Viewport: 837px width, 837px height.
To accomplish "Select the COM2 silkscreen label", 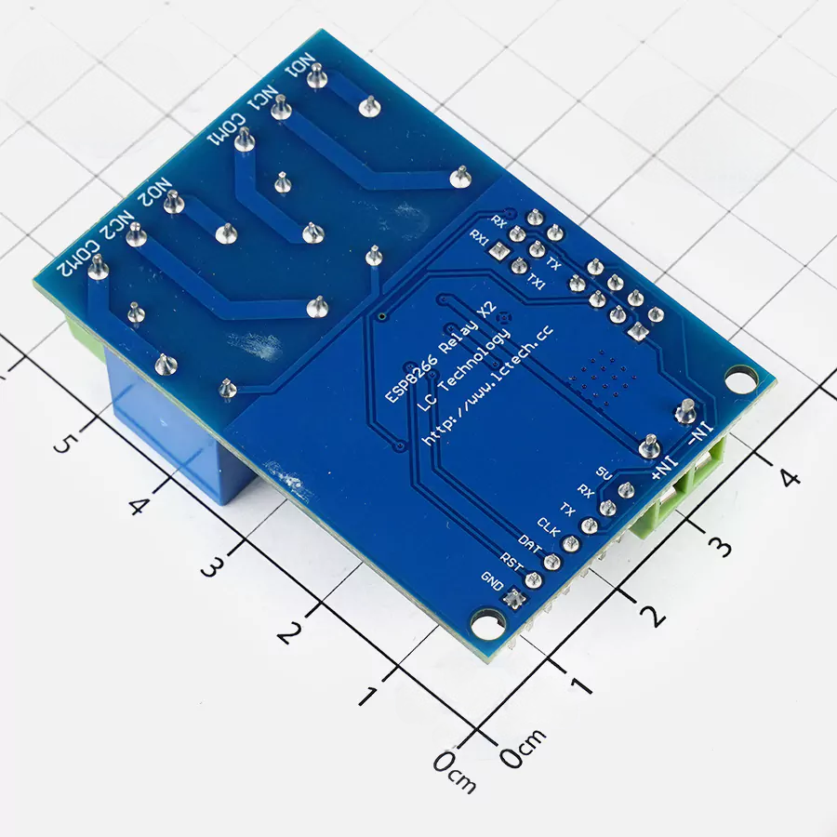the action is coord(78,259).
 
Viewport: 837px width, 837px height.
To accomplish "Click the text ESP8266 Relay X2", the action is coord(441,352).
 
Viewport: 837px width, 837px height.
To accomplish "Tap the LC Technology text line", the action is coord(463,370).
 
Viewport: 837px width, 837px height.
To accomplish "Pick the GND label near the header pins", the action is coord(492,580).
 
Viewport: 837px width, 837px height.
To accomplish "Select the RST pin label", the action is coord(511,562).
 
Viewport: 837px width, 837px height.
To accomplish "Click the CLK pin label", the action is coord(548,527).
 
